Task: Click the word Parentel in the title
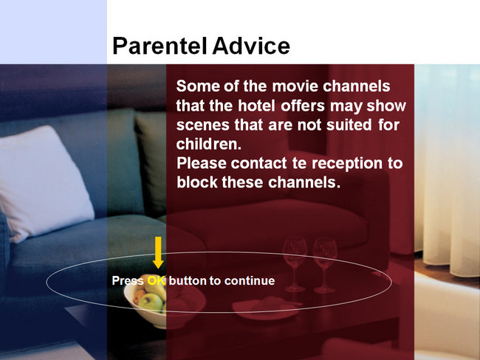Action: (x=160, y=46)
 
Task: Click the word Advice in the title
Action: (x=251, y=46)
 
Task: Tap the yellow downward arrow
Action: (x=158, y=252)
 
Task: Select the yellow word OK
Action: (x=157, y=280)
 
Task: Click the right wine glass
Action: (x=324, y=266)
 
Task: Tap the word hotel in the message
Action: (x=256, y=105)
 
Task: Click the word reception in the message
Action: (x=347, y=164)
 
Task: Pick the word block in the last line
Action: (x=197, y=182)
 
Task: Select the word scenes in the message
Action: (x=202, y=125)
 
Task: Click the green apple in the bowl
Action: (x=151, y=302)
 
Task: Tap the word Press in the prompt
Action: (x=128, y=281)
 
